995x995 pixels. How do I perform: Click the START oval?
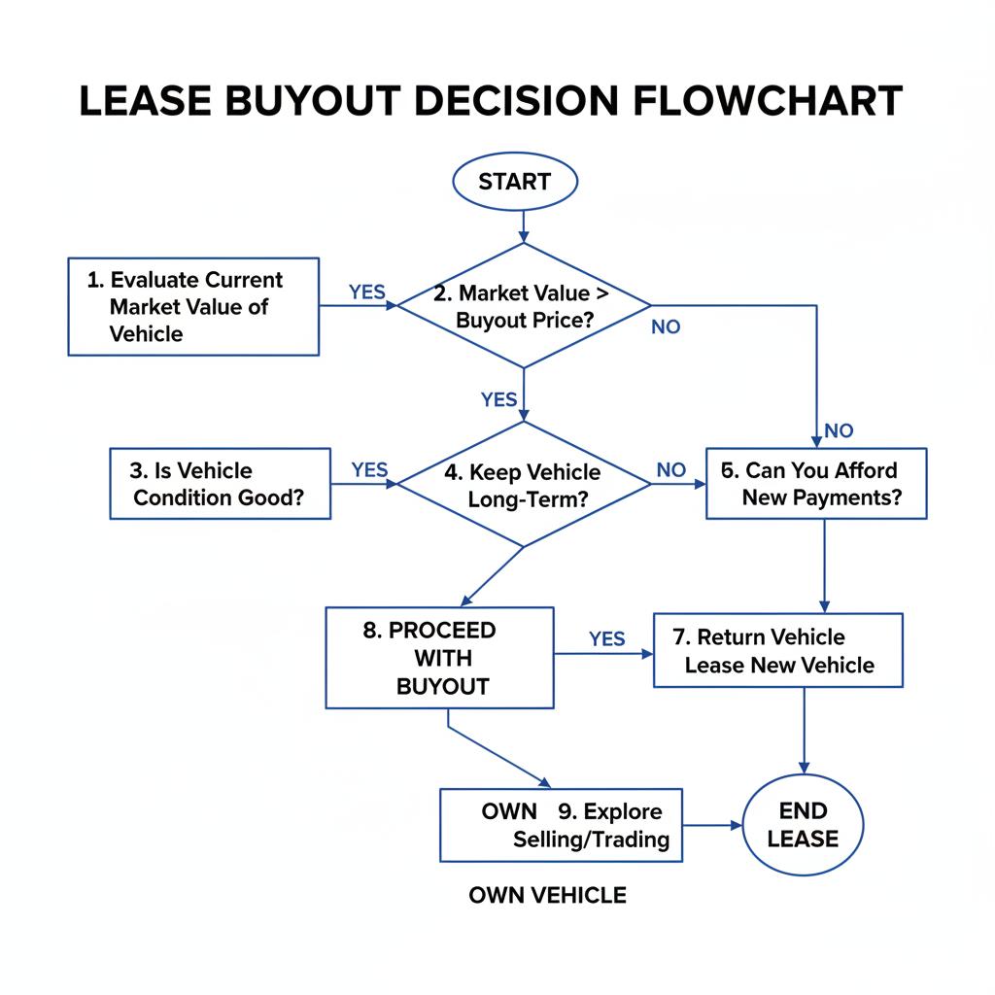point(515,182)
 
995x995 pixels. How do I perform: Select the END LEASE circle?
point(803,825)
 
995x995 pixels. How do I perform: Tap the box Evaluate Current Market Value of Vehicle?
point(193,306)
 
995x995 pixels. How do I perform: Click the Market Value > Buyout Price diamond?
point(525,306)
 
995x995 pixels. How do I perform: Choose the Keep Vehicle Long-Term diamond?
point(525,485)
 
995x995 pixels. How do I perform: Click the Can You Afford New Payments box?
point(816,484)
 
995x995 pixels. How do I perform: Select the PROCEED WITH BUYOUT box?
point(439,658)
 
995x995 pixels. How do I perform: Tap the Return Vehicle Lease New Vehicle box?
point(778,651)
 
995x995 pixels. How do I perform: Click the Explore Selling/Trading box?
point(562,825)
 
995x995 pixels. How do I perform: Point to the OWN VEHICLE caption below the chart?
point(547,895)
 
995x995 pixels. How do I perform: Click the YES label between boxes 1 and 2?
point(366,292)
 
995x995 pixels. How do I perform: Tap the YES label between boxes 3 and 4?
point(369,470)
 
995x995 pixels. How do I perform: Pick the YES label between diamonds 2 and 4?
point(499,399)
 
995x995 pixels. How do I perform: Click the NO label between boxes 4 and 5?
point(670,470)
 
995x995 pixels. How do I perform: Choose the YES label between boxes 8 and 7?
point(607,638)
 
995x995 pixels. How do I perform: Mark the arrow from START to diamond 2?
point(524,225)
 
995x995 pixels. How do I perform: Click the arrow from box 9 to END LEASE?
point(712,826)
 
